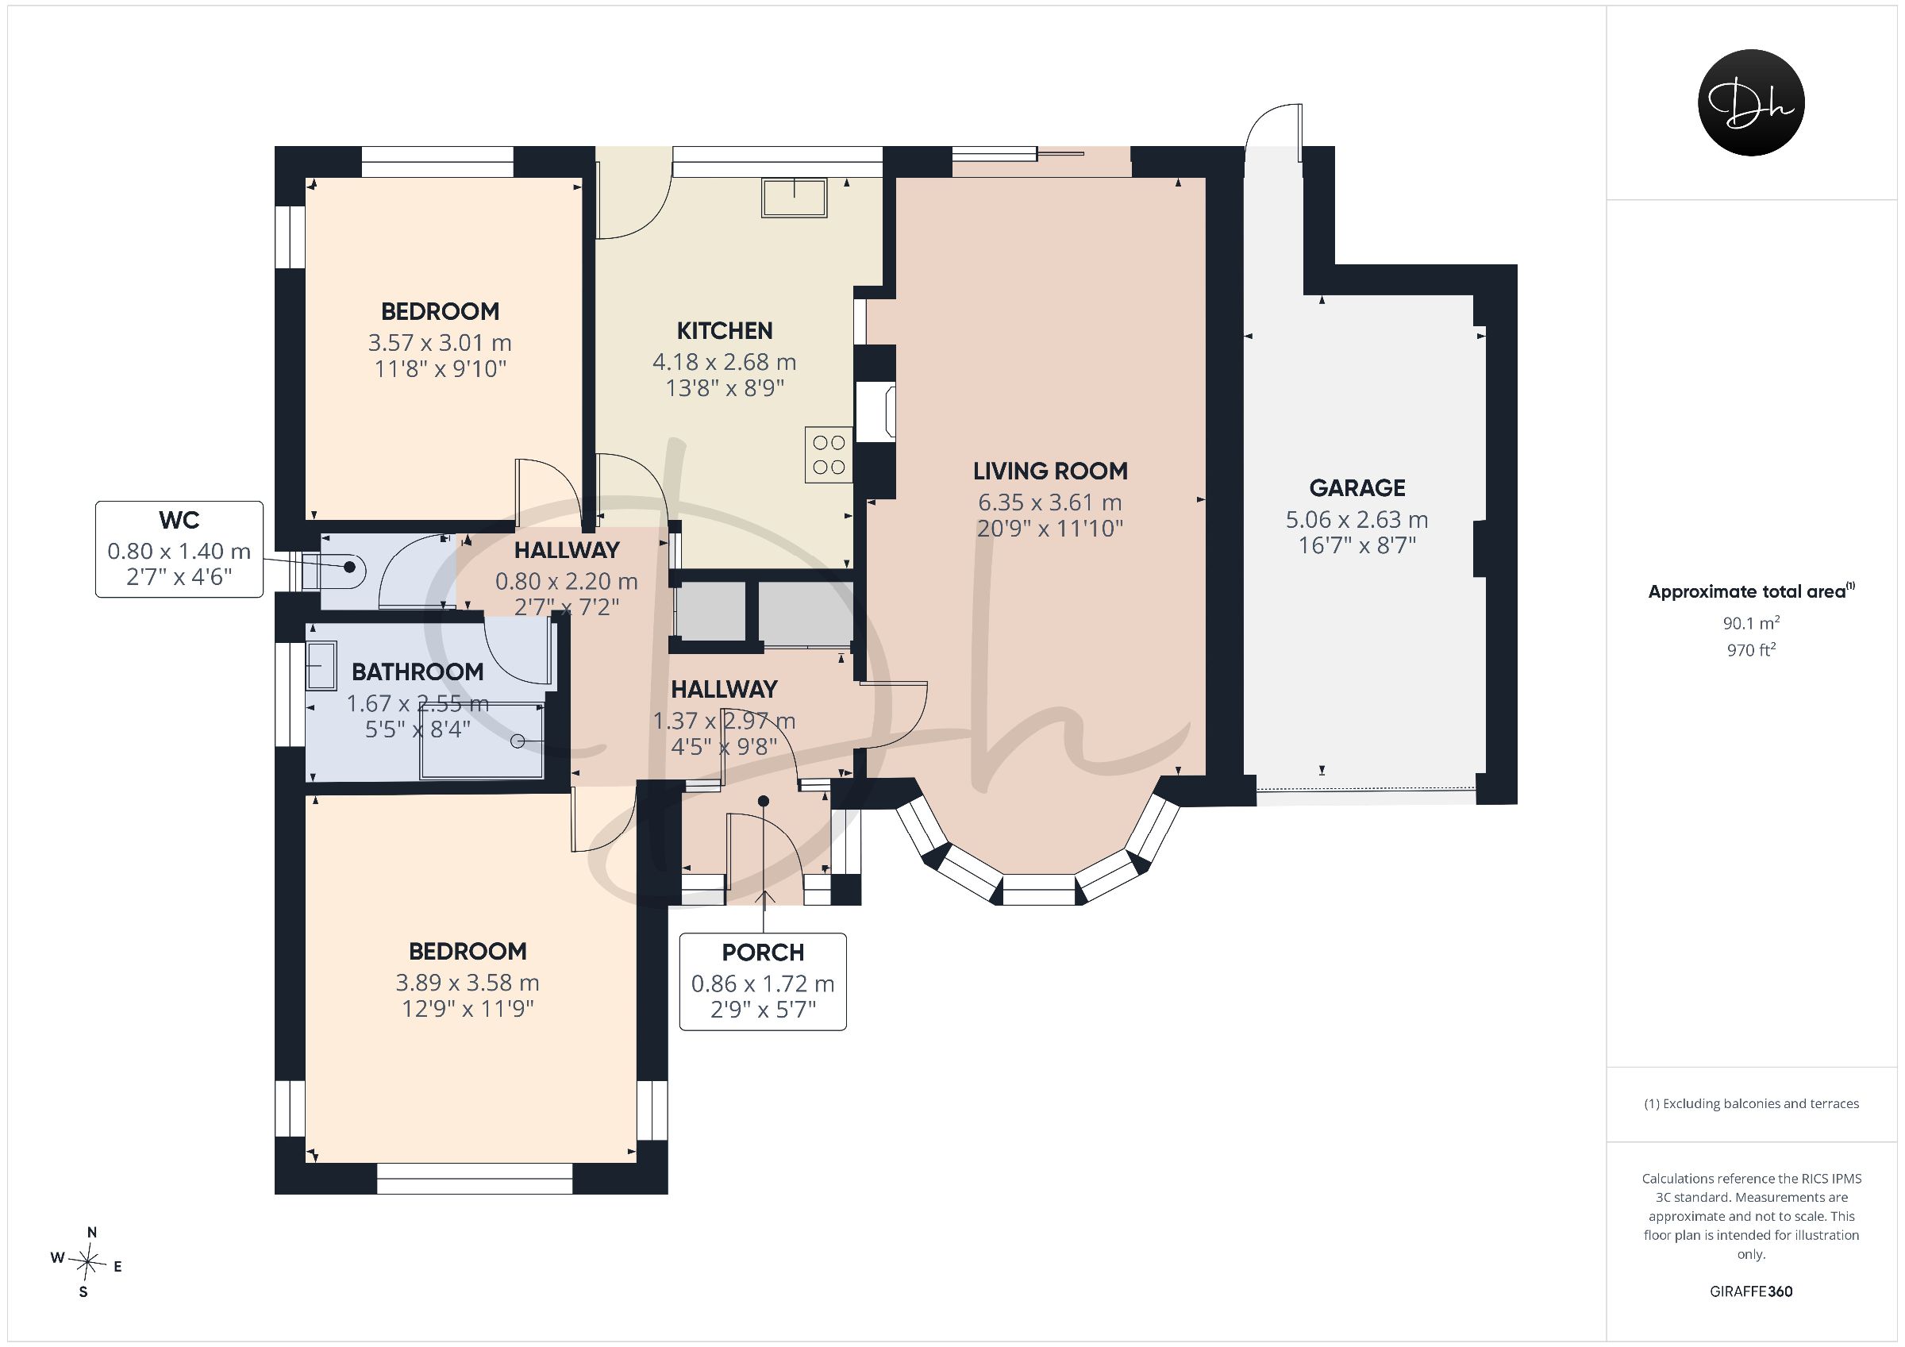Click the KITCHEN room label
[x=725, y=330]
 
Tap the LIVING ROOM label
[x=1049, y=471]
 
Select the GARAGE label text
[x=1357, y=487]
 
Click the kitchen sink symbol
[x=794, y=198]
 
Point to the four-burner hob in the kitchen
[x=829, y=455]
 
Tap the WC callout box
[x=179, y=548]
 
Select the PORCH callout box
[x=763, y=982]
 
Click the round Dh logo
[x=1751, y=103]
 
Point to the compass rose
[x=87, y=1262]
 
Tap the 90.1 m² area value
[x=1751, y=622]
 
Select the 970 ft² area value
[x=1751, y=650]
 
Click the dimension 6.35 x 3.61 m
[x=1049, y=502]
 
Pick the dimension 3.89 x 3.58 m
[x=468, y=983]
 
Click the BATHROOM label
[x=418, y=672]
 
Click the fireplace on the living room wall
[x=876, y=411]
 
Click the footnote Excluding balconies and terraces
[x=1751, y=1104]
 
